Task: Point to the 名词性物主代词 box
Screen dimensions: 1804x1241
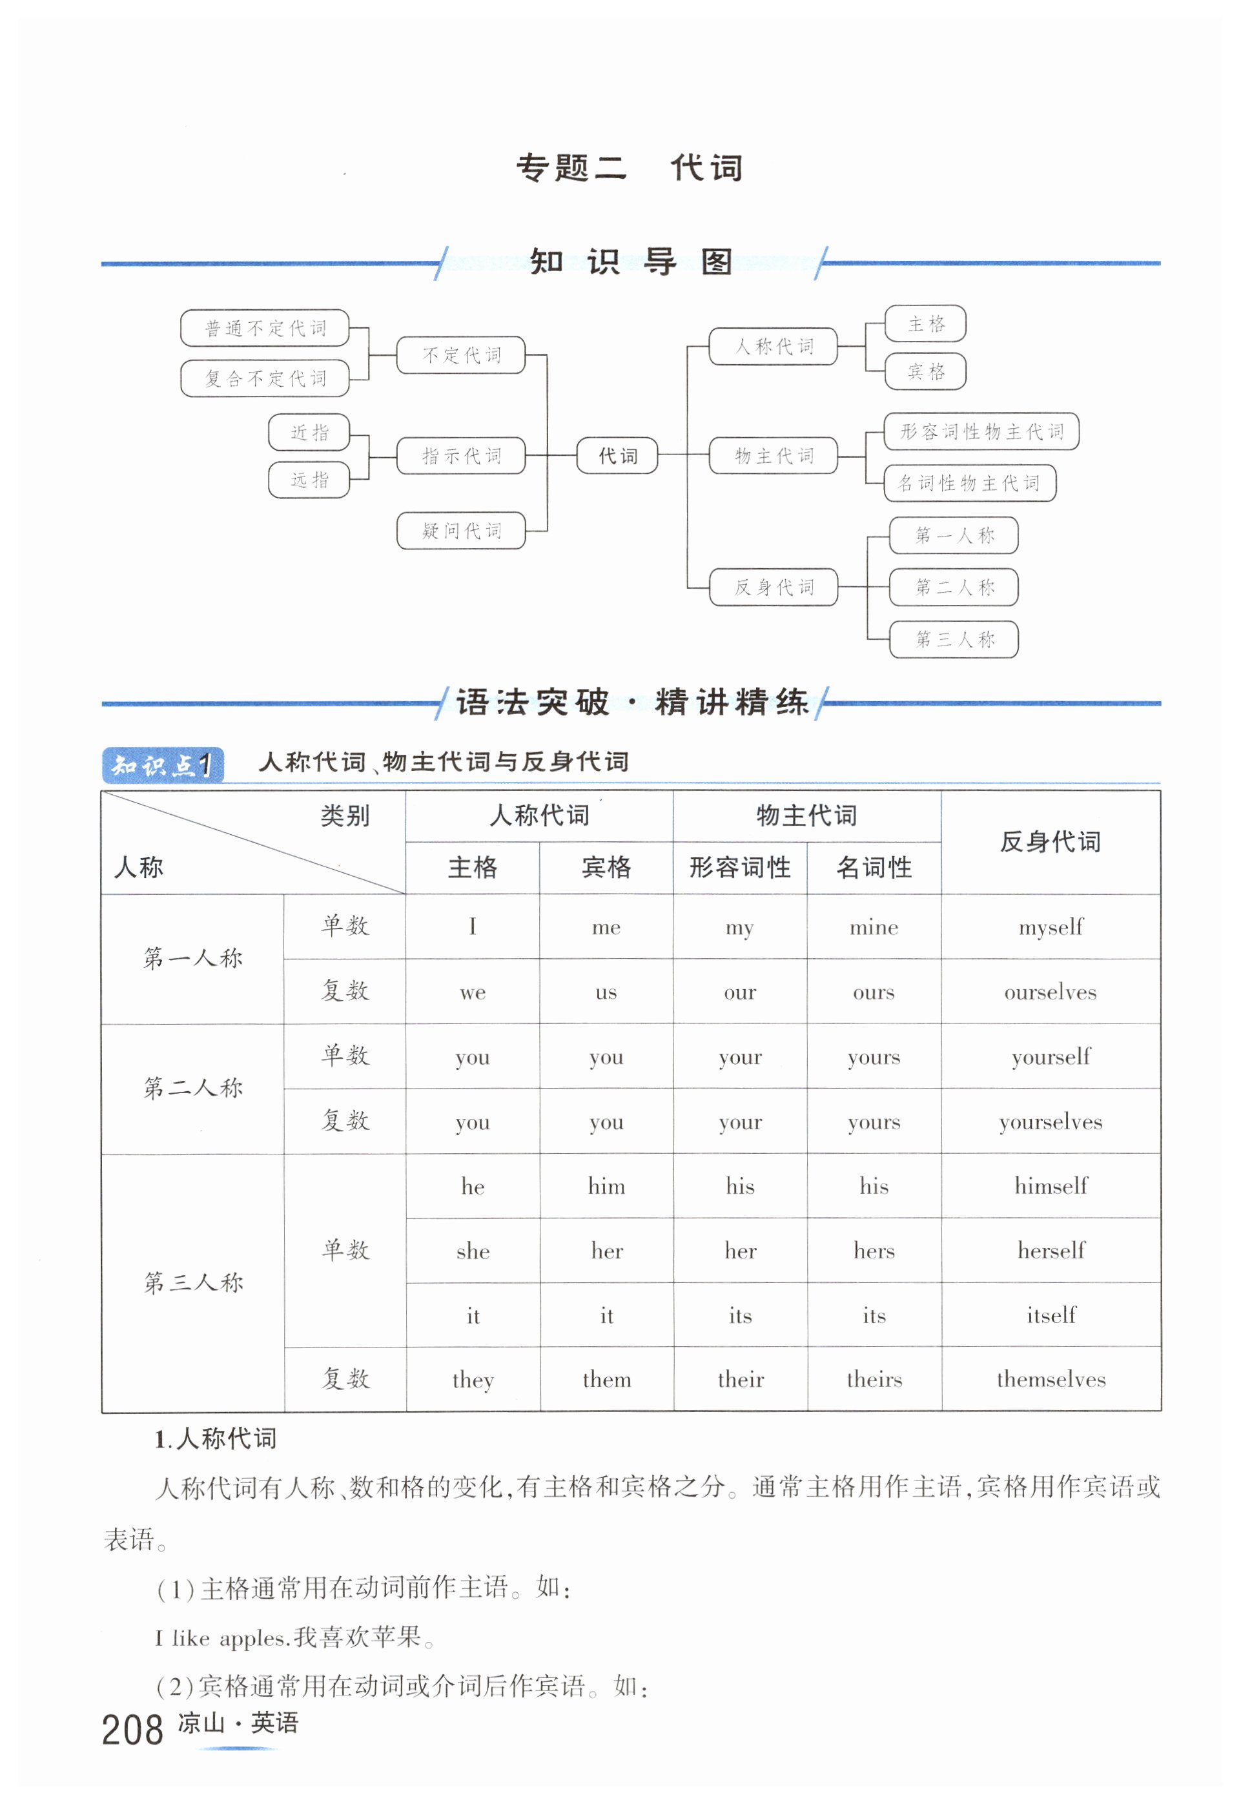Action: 969,483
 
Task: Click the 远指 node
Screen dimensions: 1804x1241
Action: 309,480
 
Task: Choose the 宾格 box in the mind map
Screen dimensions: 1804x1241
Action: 925,372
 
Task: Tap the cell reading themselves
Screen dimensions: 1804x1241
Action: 1051,1379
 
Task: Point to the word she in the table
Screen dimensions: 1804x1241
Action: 473,1251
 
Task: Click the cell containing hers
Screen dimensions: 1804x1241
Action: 874,1251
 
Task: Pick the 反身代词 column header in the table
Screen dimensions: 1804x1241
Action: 1050,841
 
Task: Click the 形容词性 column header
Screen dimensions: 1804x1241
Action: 739,867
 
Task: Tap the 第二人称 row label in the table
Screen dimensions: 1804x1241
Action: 193,1087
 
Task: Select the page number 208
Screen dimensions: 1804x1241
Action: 132,1730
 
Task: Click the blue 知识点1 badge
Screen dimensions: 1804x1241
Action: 163,765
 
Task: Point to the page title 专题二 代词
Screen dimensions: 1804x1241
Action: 629,168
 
